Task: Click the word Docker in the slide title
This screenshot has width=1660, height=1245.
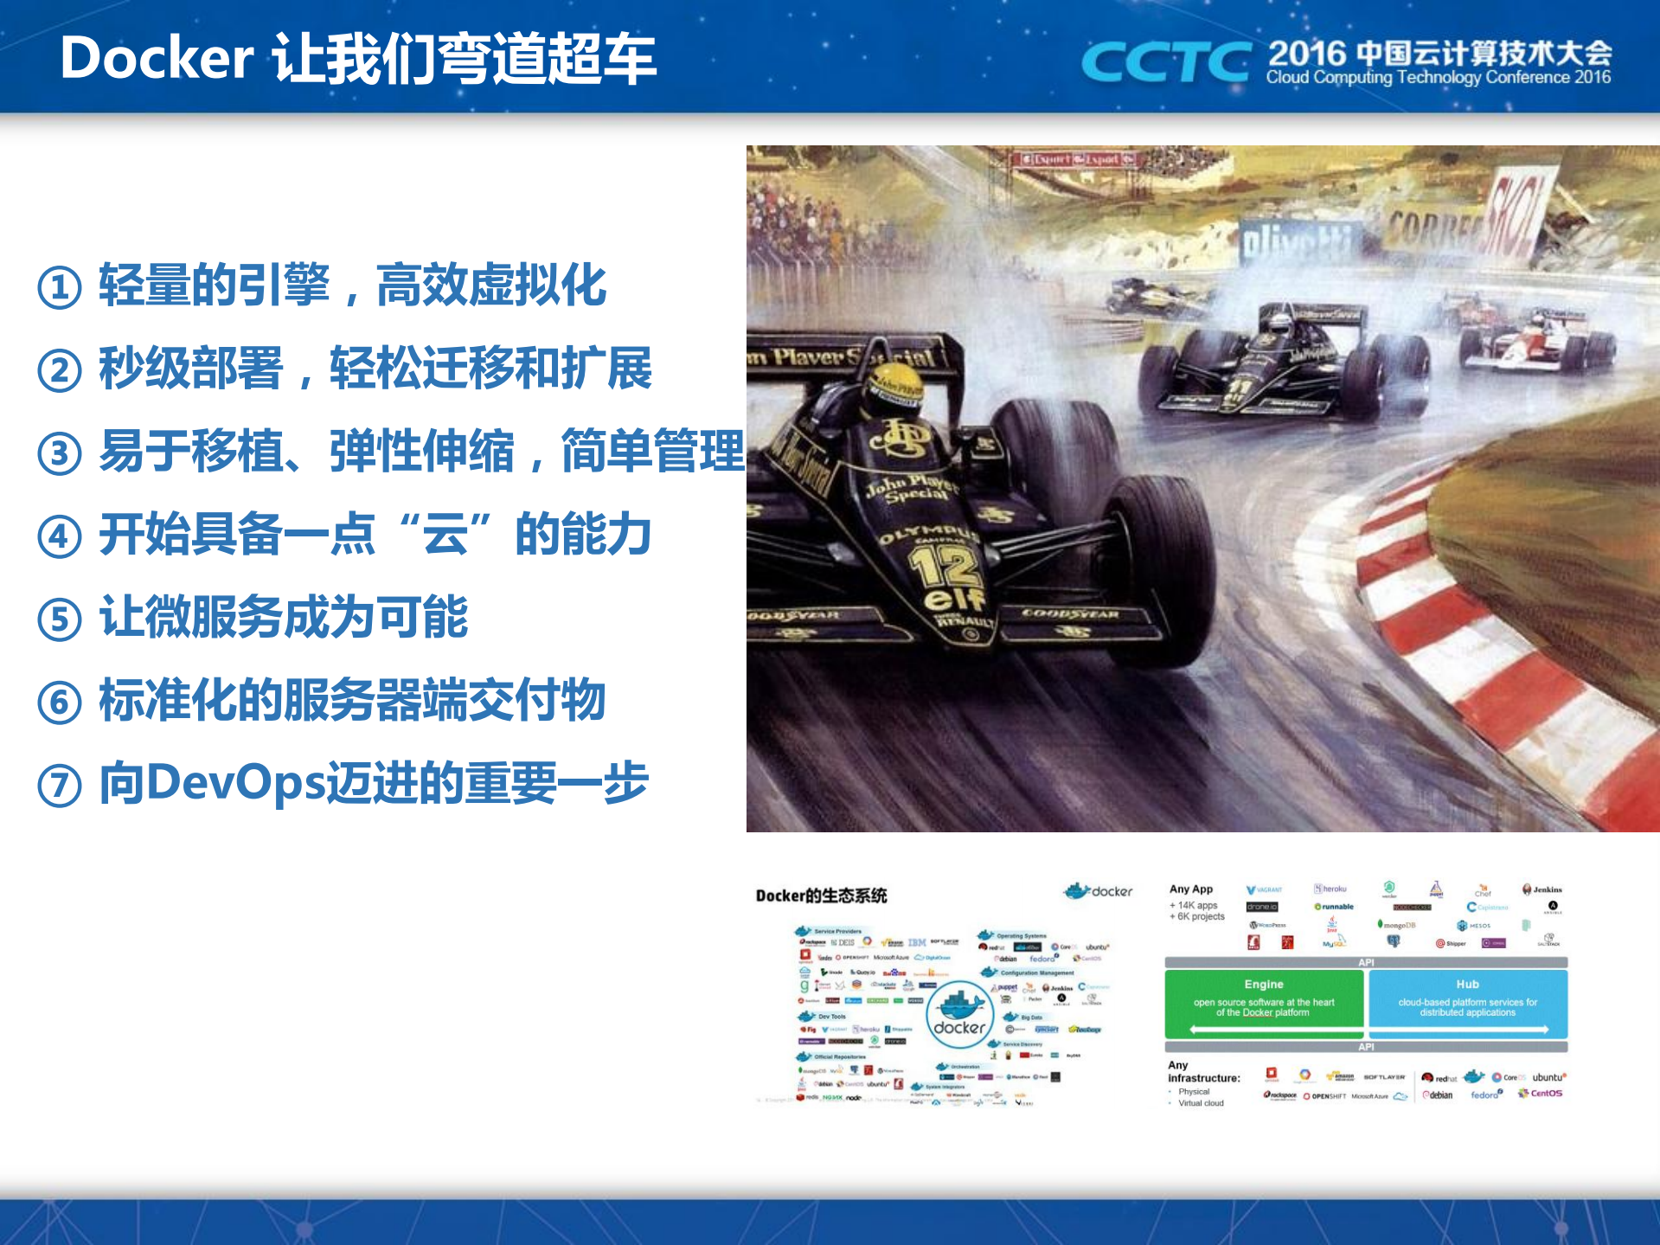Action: click(157, 59)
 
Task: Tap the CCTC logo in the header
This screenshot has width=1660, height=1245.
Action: click(1164, 62)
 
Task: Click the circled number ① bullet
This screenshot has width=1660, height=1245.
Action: click(60, 287)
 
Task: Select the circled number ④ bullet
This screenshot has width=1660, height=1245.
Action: click(60, 536)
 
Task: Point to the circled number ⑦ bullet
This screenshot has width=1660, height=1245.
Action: click(60, 786)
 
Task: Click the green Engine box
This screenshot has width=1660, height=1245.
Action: click(1263, 1003)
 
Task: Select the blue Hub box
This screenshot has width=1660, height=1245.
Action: click(1467, 1003)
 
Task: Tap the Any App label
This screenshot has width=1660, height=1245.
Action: click(1190, 889)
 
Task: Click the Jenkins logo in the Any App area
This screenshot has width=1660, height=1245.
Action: click(1541, 889)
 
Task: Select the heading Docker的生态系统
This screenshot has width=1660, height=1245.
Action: click(821, 895)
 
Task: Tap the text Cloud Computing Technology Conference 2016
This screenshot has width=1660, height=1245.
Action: click(1438, 78)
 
